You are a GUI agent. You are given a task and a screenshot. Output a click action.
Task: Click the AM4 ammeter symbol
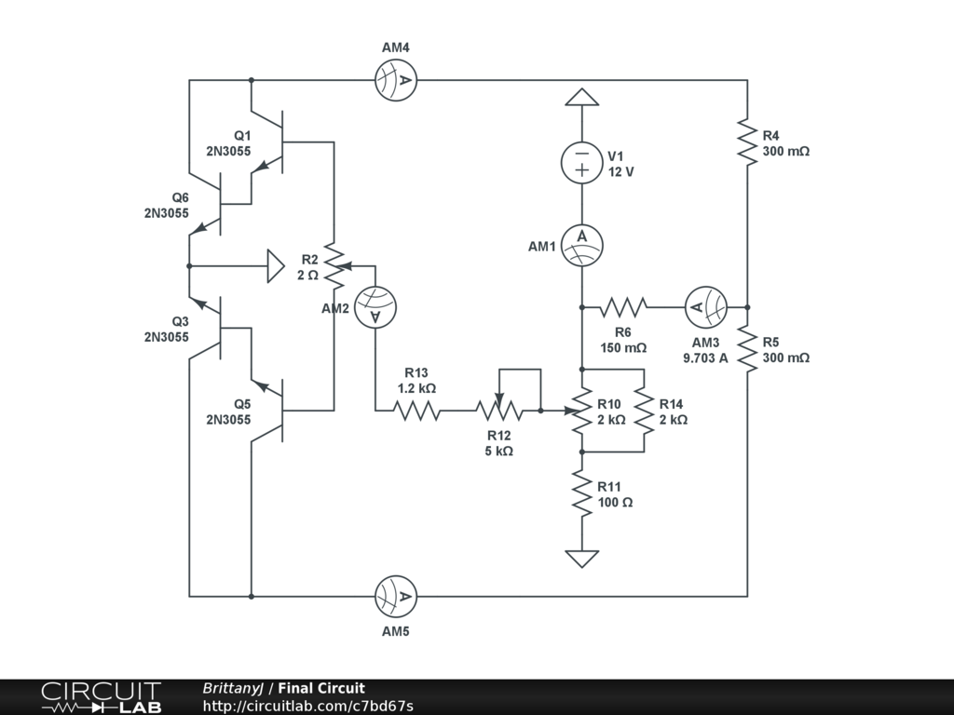[396, 80]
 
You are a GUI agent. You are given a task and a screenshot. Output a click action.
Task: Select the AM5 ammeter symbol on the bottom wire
[396, 597]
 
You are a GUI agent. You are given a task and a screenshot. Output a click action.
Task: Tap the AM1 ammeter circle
[581, 245]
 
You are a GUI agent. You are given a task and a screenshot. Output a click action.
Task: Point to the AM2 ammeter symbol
[375, 307]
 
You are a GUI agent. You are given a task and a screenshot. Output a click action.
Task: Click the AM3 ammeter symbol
[706, 307]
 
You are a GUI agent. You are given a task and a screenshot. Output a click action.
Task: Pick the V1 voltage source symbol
[581, 162]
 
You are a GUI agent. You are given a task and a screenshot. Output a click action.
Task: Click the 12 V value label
[621, 172]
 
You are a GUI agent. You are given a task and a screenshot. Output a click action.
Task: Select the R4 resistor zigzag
[747, 142]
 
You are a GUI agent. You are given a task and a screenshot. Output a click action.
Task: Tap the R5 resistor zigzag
[747, 348]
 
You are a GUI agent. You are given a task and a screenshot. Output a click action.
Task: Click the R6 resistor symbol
[623, 307]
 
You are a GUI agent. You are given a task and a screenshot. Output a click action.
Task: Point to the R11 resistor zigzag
[581, 493]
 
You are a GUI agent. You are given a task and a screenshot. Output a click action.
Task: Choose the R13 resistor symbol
[416, 411]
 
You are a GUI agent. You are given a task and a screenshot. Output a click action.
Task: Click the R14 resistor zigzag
[644, 411]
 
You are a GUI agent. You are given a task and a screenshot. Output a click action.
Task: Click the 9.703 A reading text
[705, 358]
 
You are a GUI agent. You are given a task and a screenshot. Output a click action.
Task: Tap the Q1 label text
[242, 136]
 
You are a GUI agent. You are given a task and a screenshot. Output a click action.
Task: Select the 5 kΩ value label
[499, 452]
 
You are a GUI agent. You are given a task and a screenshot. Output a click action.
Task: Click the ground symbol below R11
[581, 559]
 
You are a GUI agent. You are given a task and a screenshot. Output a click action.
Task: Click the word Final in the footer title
[295, 688]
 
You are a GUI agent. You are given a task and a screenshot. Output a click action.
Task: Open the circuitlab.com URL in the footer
[307, 706]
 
